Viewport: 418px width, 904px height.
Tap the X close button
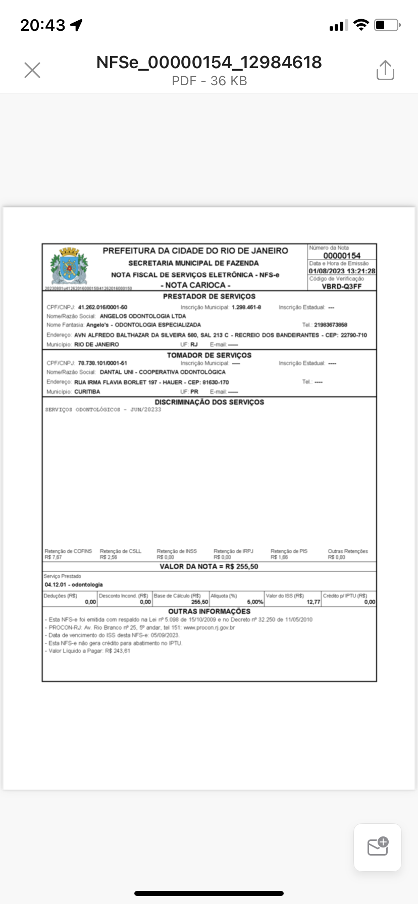pyautogui.click(x=32, y=70)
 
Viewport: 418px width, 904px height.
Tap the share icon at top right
pyautogui.click(x=385, y=70)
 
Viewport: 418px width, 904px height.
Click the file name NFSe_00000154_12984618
pyautogui.click(x=209, y=62)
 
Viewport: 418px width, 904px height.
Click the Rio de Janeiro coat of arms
pyautogui.click(x=69, y=266)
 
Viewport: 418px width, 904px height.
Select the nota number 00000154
pyautogui.click(x=342, y=256)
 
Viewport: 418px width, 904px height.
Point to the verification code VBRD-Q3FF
pyautogui.click(x=342, y=286)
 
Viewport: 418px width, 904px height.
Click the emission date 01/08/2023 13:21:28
pyautogui.click(x=342, y=271)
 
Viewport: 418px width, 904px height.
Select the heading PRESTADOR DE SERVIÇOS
pyautogui.click(x=209, y=297)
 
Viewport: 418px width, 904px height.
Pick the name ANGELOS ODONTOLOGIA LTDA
pyautogui.click(x=142, y=316)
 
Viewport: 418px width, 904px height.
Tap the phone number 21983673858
pyautogui.click(x=331, y=325)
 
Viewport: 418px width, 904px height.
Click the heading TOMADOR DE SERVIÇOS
pyautogui.click(x=209, y=355)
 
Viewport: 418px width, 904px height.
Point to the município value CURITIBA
pyautogui.click(x=87, y=391)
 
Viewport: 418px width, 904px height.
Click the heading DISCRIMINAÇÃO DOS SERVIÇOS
pyautogui.click(x=209, y=402)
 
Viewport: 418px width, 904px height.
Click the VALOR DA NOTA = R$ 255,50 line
pyautogui.click(x=209, y=567)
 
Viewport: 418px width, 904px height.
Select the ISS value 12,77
pyautogui.click(x=313, y=602)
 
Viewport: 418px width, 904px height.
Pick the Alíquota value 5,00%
pyautogui.click(x=255, y=602)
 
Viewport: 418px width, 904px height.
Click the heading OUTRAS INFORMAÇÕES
pyautogui.click(x=209, y=611)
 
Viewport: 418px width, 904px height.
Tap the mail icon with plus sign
pyautogui.click(x=378, y=847)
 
